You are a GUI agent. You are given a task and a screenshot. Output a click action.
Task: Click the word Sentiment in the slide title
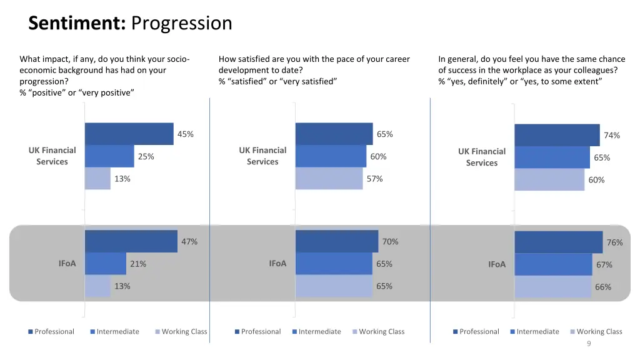[x=77, y=23]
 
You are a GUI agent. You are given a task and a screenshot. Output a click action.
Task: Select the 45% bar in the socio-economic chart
[x=129, y=134]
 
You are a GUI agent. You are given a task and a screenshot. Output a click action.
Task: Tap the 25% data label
[x=146, y=156]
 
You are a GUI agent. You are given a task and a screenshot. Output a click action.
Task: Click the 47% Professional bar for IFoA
[x=131, y=241]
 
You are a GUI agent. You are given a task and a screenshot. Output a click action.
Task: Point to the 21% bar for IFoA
[x=105, y=264]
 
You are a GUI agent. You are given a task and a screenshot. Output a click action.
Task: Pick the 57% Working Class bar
[x=329, y=179]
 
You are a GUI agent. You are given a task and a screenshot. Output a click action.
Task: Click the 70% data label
[x=390, y=241]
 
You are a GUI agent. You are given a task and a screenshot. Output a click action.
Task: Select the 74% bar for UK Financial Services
[x=556, y=135]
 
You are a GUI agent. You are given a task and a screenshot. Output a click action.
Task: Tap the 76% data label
[x=614, y=242]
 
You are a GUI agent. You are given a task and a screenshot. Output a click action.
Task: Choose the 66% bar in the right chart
[x=552, y=287]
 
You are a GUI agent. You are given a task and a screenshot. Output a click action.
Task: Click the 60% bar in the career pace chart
[x=331, y=156]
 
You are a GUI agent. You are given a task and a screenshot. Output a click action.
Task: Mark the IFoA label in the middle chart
[x=277, y=263]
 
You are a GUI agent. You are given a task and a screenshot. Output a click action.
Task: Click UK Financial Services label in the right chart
[x=481, y=157]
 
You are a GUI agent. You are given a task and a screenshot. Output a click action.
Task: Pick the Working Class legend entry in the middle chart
[x=381, y=331]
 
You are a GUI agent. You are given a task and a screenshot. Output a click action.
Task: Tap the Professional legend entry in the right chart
[x=479, y=331]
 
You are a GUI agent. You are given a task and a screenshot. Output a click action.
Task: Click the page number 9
[x=589, y=343]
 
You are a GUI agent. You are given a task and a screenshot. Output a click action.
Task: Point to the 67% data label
[x=604, y=265]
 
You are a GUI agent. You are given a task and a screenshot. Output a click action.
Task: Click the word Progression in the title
[x=182, y=23]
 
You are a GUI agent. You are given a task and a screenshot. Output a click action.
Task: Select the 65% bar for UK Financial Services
[x=334, y=134]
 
